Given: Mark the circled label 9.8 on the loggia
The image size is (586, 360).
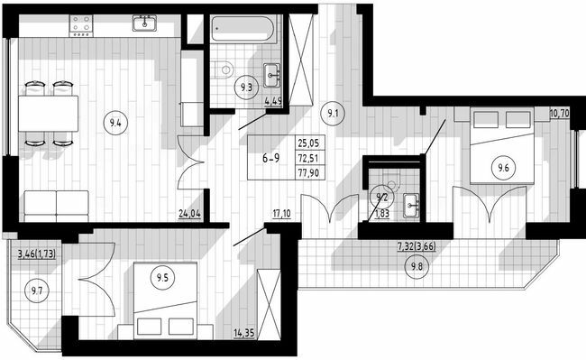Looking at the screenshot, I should click(416, 266).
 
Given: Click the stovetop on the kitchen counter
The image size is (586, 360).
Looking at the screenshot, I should click(80, 23).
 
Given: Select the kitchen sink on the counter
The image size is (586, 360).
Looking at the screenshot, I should click(142, 22).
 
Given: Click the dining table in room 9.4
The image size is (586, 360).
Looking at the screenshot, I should click(49, 114).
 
